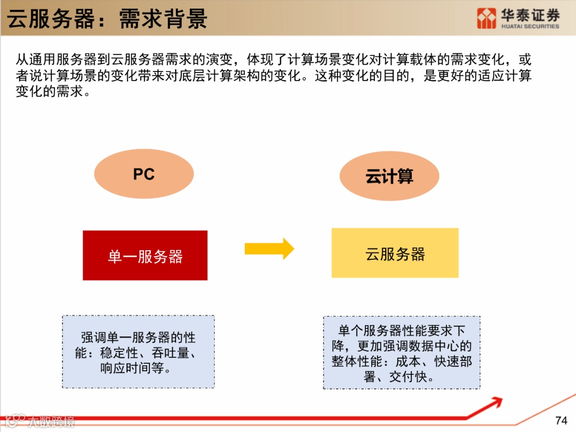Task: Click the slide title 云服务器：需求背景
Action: coord(107,19)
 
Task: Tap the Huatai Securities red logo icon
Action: coord(486,18)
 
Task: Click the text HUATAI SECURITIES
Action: coord(530,26)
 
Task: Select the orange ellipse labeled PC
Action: coord(144,174)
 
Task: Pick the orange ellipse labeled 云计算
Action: coord(389,176)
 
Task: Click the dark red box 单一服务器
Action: coord(145,255)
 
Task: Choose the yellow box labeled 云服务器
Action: coord(395,253)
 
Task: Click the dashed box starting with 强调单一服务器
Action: coord(139,352)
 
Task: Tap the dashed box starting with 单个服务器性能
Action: coord(402,353)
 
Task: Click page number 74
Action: coord(561,420)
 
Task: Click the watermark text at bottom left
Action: coord(51,421)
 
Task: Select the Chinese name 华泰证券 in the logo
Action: coord(530,14)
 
